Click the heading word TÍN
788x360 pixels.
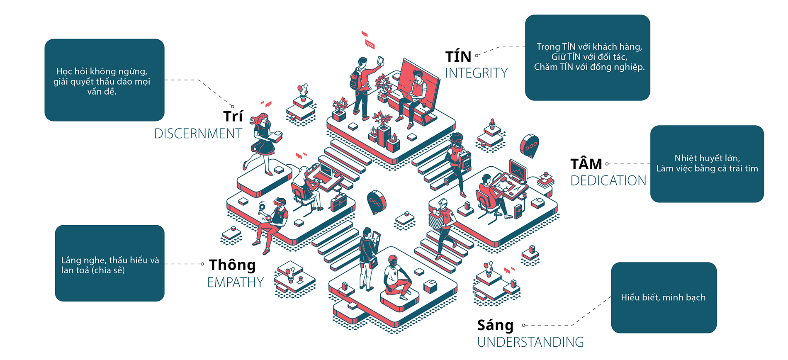[x=458, y=57]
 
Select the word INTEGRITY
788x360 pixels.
[x=476, y=73]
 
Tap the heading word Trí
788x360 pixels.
[x=233, y=117]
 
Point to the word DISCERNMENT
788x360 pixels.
[x=198, y=134]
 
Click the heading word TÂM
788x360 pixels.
[x=586, y=164]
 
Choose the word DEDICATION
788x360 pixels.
[x=608, y=181]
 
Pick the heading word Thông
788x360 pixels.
[x=232, y=265]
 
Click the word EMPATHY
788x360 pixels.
[x=235, y=282]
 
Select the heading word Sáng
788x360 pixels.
[x=495, y=325]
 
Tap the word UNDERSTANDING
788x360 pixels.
[x=530, y=342]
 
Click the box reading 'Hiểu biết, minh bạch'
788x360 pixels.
[x=664, y=297]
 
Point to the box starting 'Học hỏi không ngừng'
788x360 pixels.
[x=104, y=80]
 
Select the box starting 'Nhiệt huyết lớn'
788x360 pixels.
[x=707, y=164]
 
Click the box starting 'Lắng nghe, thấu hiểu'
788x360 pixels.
[x=109, y=263]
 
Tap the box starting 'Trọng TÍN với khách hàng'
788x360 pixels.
[x=587, y=58]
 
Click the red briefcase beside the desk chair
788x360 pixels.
[x=338, y=203]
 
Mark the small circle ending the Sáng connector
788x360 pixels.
[x=524, y=326]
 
